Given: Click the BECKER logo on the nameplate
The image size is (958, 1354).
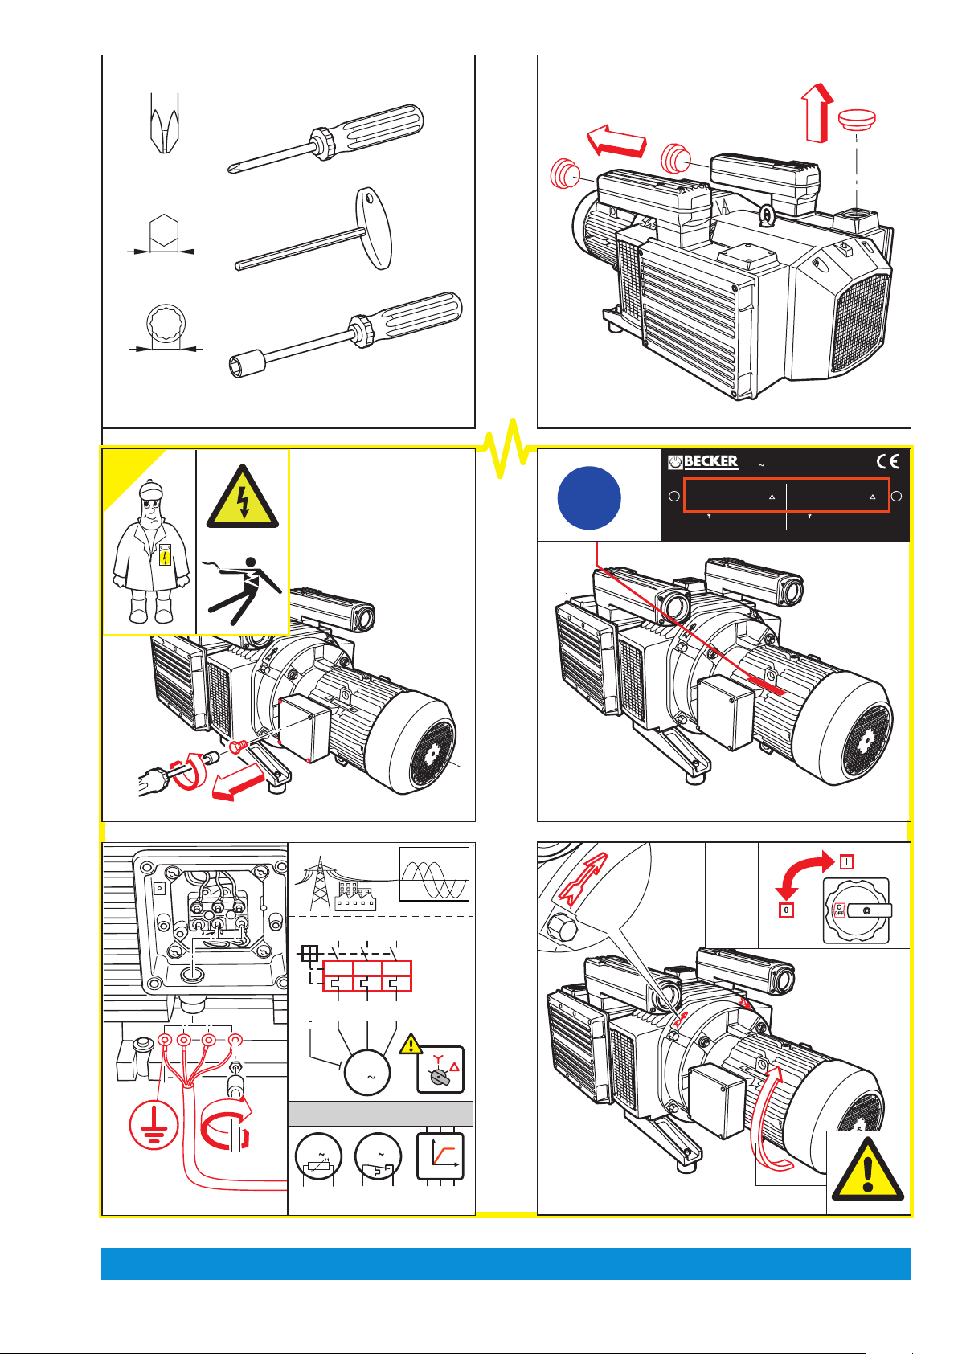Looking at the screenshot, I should point(703,462).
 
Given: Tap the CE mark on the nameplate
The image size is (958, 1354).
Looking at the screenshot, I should point(887,461).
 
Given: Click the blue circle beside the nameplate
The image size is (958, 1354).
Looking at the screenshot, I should point(589,497).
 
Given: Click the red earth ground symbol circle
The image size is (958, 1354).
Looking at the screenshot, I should point(154,1123).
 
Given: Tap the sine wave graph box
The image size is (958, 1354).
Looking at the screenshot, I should point(434,874).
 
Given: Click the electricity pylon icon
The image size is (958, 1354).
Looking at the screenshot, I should point(320,885).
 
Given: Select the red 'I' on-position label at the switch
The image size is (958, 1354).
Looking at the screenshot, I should point(846,861).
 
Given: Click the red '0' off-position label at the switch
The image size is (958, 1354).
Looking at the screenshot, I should point(786,911).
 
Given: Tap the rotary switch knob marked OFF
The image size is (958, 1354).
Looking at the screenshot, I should point(856,911).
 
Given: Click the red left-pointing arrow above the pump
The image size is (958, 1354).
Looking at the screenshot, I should point(617,141).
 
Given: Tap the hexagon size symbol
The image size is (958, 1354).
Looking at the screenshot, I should point(164,234).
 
